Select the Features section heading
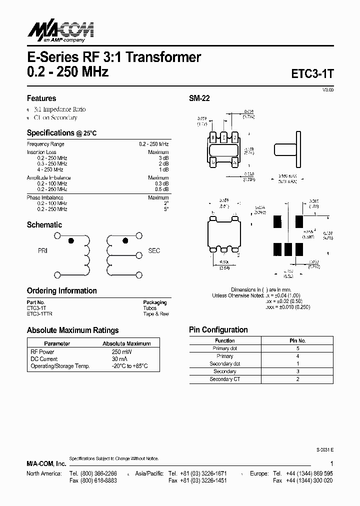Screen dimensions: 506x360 [41, 98]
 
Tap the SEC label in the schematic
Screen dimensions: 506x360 [154, 250]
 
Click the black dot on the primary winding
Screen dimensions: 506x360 [70, 240]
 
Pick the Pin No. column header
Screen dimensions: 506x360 [297, 340]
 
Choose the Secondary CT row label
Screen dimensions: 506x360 [225, 379]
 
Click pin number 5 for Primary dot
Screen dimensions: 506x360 [297, 348]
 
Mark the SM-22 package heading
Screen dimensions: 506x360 [199, 98]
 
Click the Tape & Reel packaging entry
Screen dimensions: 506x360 [156, 314]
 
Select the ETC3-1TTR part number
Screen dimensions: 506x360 [39, 314]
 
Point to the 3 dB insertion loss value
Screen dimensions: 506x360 [163, 158]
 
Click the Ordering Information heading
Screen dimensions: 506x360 [61, 291]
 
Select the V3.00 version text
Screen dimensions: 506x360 [327, 89]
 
